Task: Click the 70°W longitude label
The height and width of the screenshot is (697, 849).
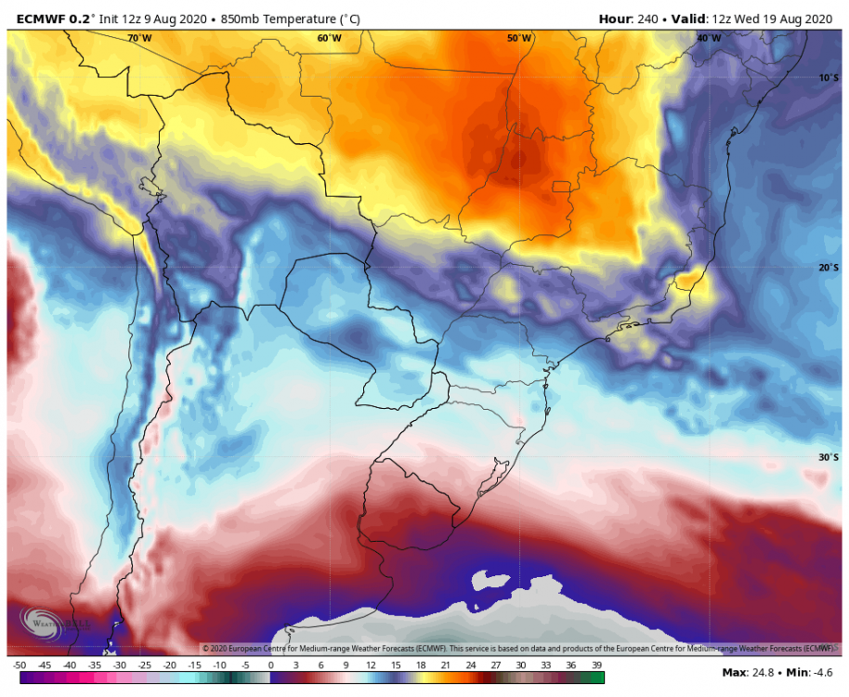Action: (139, 38)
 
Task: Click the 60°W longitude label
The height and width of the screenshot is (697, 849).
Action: (329, 38)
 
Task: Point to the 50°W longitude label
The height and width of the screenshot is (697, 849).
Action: (519, 38)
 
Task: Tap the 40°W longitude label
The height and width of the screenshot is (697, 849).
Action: (709, 38)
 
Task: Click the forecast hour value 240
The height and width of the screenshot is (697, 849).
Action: (650, 17)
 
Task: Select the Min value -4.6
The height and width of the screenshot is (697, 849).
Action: (823, 672)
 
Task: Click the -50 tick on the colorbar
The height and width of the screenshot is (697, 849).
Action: (19, 665)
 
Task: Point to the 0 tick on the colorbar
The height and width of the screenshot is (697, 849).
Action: (270, 665)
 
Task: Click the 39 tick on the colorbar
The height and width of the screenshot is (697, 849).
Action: (597, 665)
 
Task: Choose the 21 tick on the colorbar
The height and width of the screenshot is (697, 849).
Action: (447, 665)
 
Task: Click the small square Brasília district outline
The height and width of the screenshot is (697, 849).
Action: (560, 186)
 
